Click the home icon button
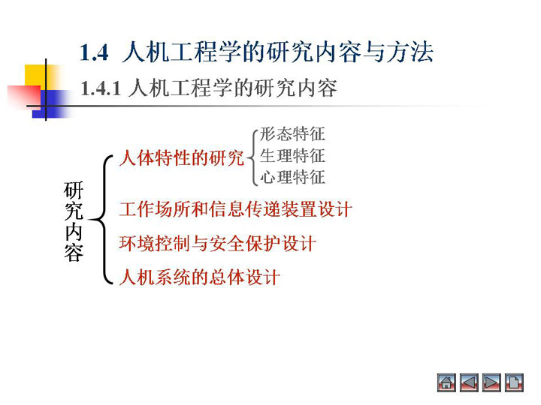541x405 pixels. [446, 382]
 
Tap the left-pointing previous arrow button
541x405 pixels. [469, 382]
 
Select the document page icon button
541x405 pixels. [514, 382]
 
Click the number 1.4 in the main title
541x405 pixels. [94, 53]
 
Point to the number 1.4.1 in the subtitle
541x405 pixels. [101, 88]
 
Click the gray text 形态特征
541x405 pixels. [292, 134]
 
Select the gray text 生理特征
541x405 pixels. [292, 156]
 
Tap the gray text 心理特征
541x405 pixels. [292, 177]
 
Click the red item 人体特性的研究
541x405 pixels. [182, 158]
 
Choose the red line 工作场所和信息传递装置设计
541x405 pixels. [235, 209]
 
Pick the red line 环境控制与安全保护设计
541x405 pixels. [217, 243]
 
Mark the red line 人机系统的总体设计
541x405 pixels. [199, 277]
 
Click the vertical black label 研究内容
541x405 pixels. [74, 221]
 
